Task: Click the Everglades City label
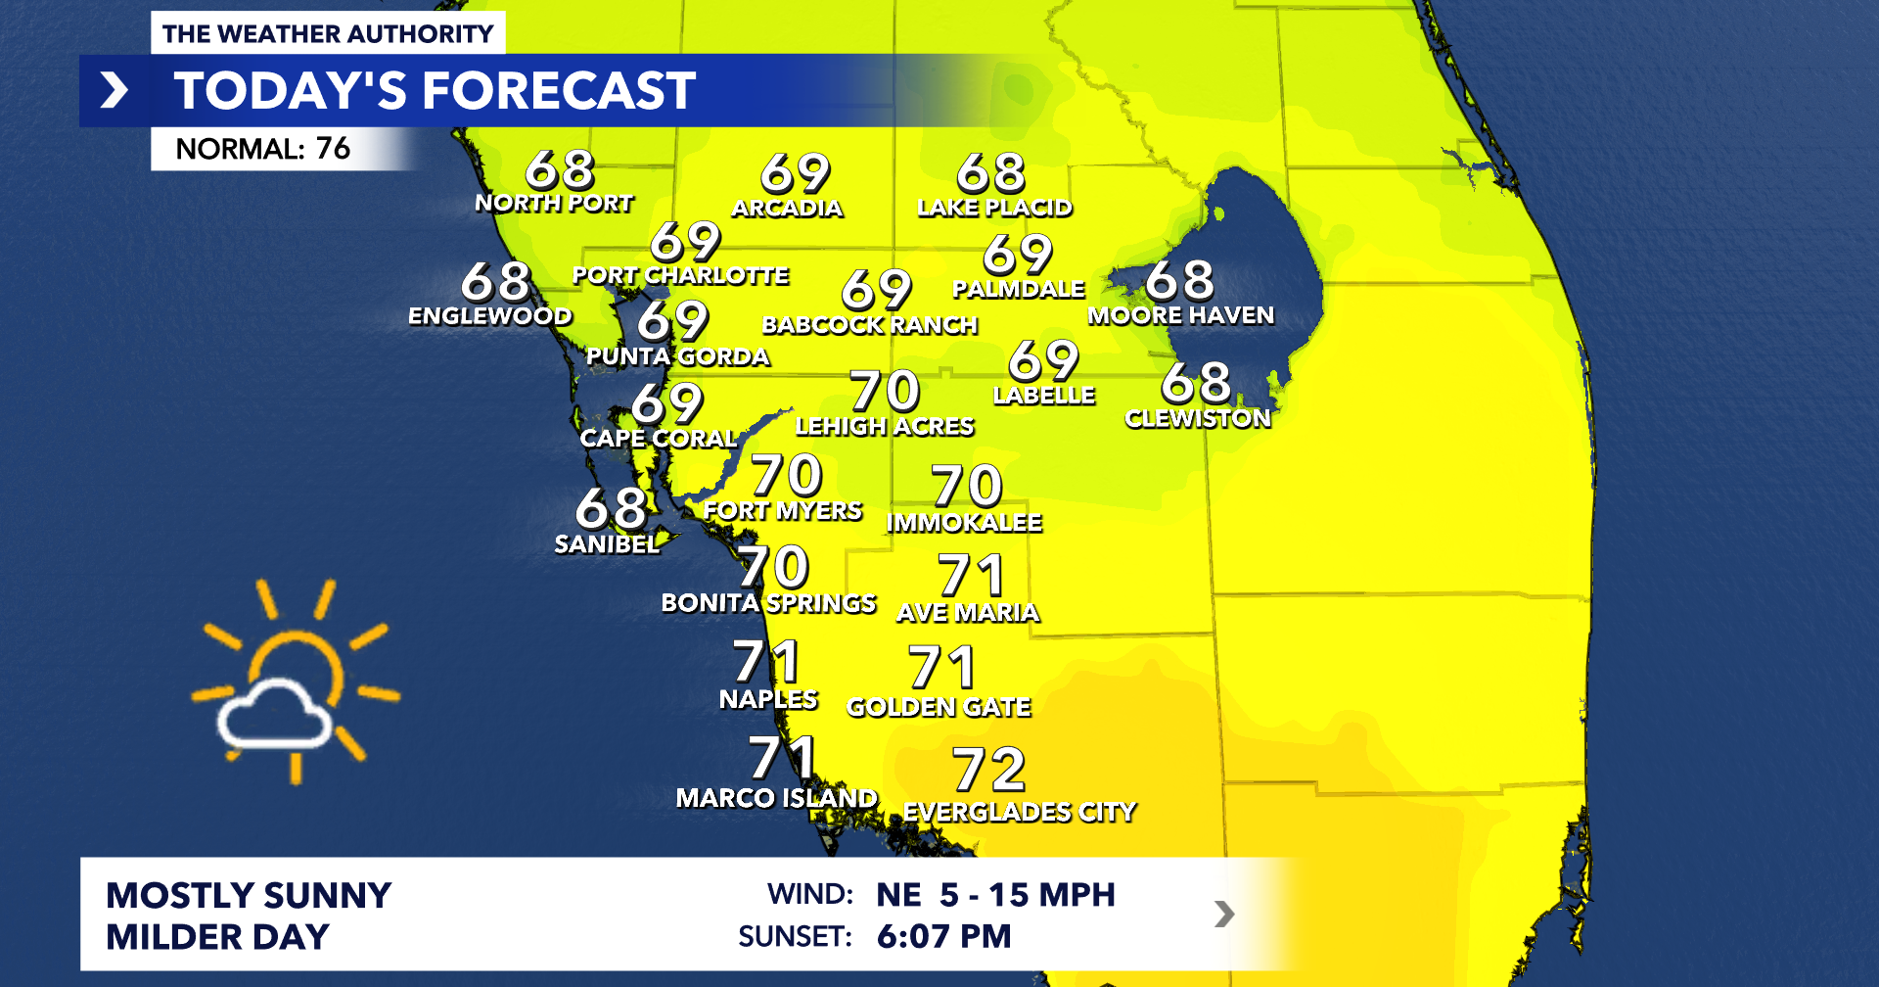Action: click(1019, 812)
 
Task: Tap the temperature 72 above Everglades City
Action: click(988, 770)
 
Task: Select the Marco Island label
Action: click(776, 798)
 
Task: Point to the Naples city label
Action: click(768, 699)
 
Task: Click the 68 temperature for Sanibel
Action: click(611, 508)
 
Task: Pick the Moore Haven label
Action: click(1181, 315)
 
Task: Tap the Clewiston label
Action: click(1198, 418)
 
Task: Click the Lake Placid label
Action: click(994, 208)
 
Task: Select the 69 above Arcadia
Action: click(795, 173)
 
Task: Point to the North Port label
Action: click(554, 203)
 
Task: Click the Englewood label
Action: click(490, 315)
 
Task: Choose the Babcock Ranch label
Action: click(870, 325)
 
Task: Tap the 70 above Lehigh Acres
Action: click(885, 391)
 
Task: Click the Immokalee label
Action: click(964, 523)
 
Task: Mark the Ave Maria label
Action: click(968, 613)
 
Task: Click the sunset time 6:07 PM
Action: click(943, 936)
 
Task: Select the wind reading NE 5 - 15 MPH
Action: click(995, 894)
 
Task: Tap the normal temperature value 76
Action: click(333, 149)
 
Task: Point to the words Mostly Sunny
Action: click(249, 895)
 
